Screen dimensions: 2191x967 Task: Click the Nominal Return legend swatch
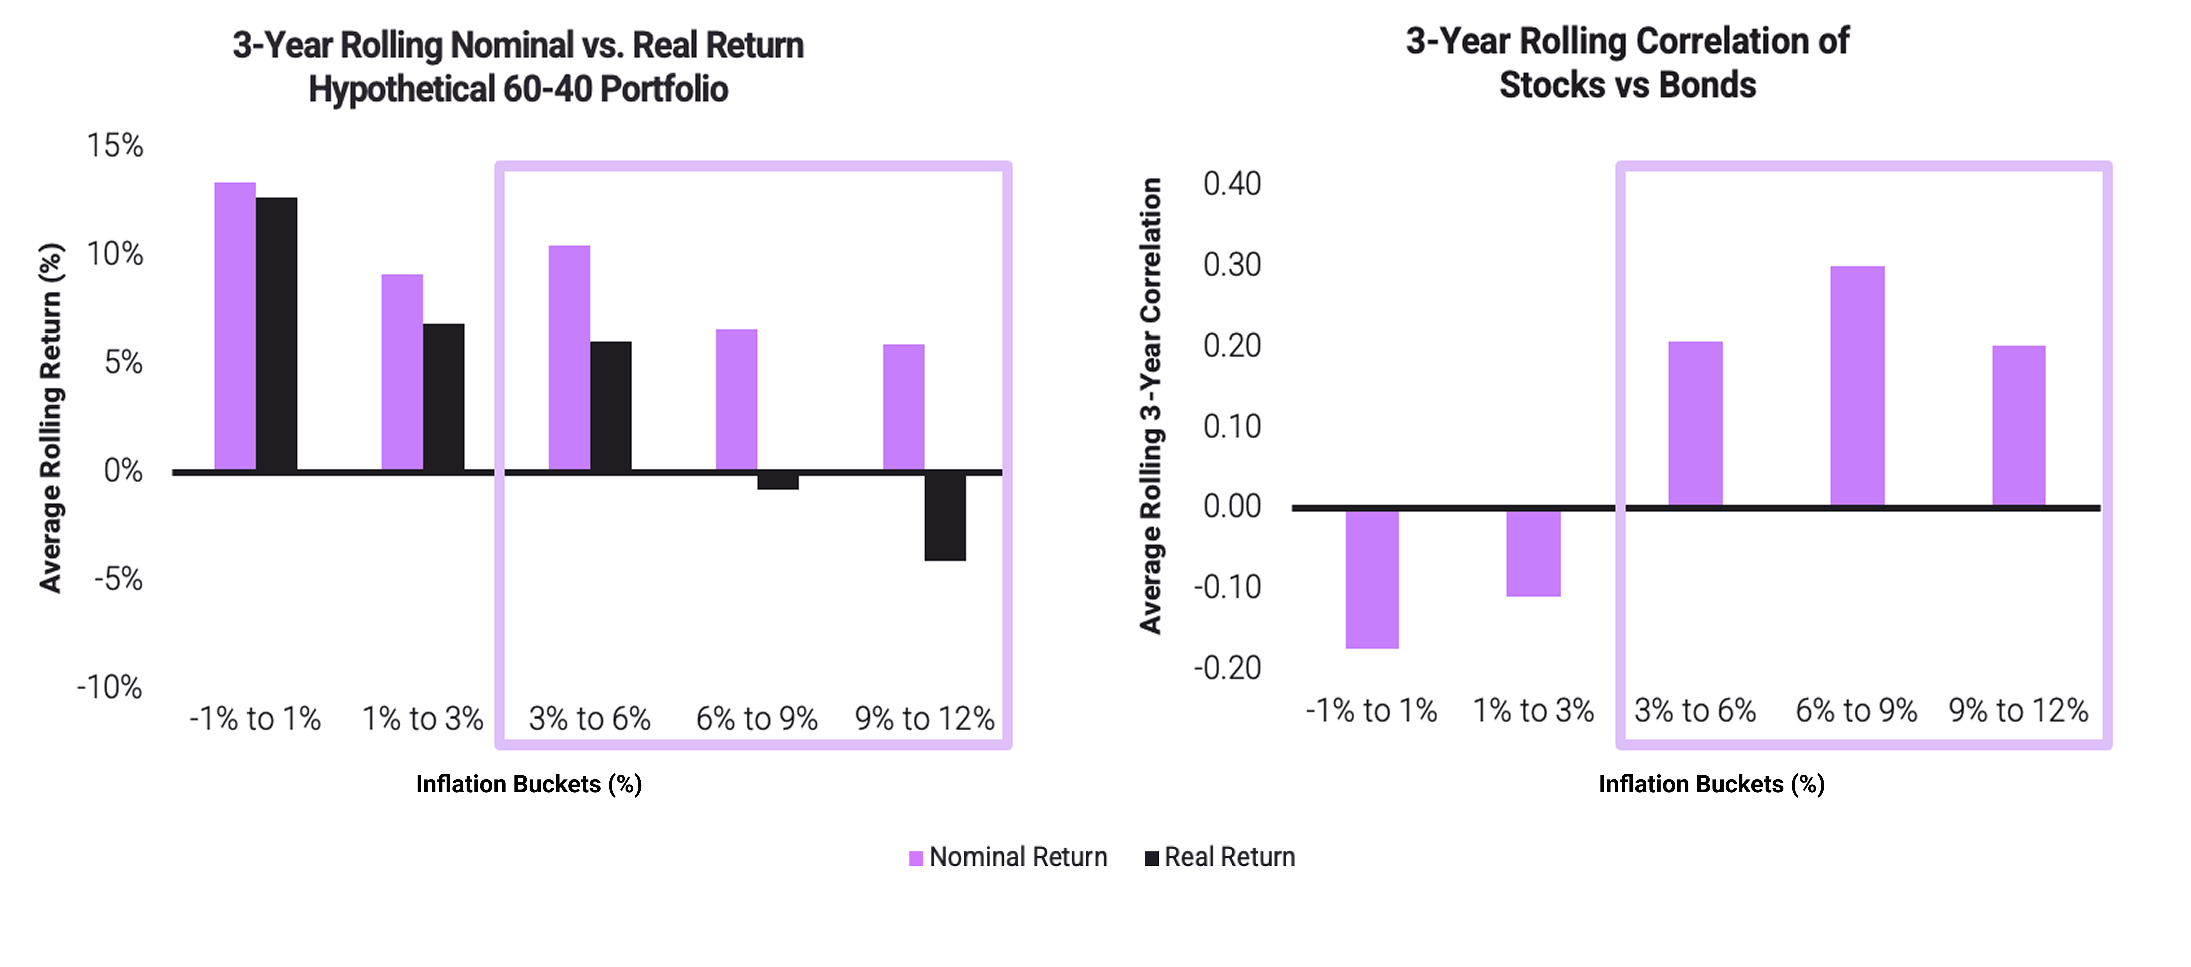click(x=916, y=858)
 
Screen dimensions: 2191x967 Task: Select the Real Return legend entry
click(x=1220, y=857)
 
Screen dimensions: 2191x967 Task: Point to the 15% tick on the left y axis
click(x=115, y=145)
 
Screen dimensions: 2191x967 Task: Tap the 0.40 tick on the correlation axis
click(x=1232, y=184)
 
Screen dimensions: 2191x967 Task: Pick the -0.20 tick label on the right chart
click(x=1227, y=669)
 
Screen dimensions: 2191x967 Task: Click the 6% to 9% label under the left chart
click(x=757, y=719)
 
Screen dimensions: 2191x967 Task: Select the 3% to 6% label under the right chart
click(x=1695, y=710)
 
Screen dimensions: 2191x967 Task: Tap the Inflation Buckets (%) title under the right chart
click(x=1711, y=784)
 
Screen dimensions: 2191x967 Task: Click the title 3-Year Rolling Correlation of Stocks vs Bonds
click(x=1627, y=63)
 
